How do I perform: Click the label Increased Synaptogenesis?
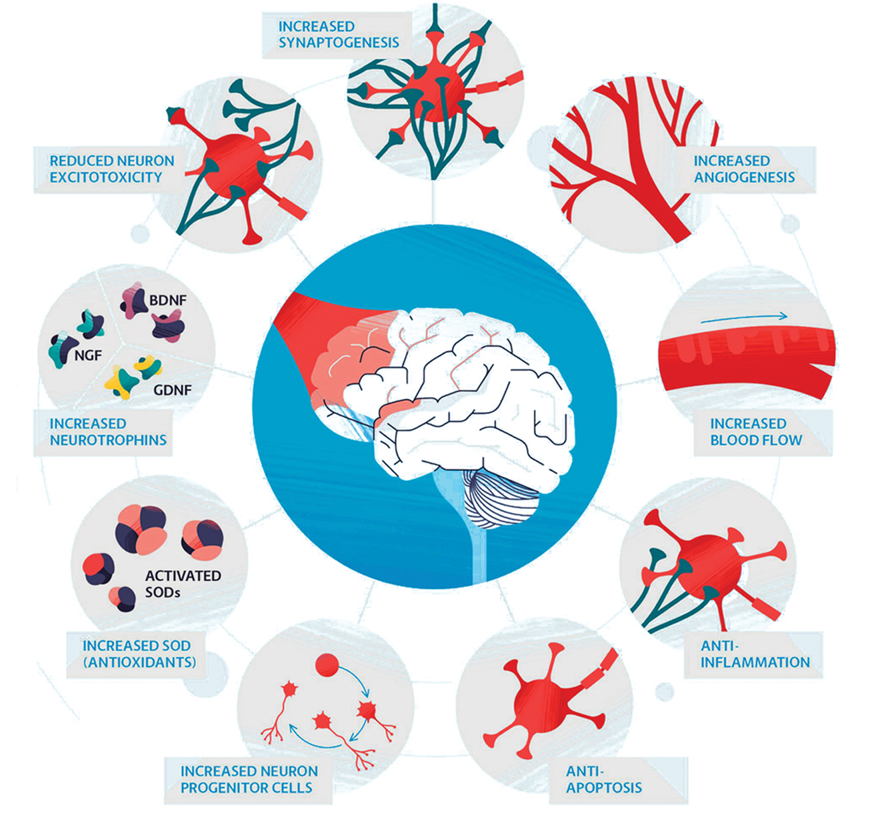click(x=338, y=35)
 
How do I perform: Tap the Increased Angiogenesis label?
click(x=743, y=169)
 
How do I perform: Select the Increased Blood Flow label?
click(x=755, y=432)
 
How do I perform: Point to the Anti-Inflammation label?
click(x=755, y=654)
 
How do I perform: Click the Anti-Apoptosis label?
click(x=603, y=780)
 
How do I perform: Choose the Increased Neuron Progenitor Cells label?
click(x=249, y=780)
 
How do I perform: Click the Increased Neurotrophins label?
click(x=107, y=432)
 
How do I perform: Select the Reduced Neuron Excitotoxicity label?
click(x=111, y=169)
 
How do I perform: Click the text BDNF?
click(x=168, y=301)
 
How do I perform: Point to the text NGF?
click(x=87, y=355)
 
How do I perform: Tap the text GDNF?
click(x=172, y=389)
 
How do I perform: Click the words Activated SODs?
click(x=182, y=584)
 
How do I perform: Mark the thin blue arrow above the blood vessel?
click(x=743, y=318)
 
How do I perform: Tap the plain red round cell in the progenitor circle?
click(x=327, y=665)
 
